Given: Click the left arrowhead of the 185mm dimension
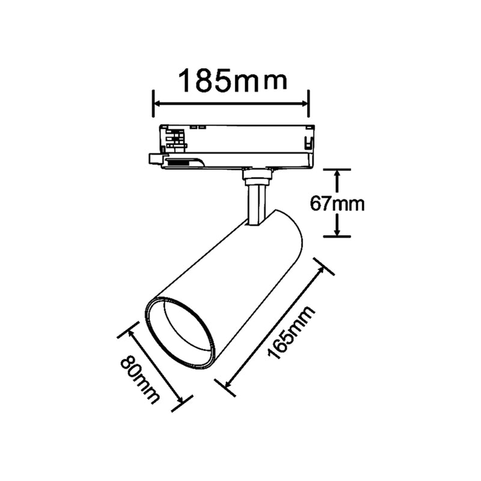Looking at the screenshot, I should pos(158,104).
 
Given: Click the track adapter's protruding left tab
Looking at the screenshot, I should pos(156,159).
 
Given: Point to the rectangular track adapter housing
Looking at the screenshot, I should pos(240,144).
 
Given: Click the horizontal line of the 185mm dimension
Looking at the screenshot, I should pos(231,104).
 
